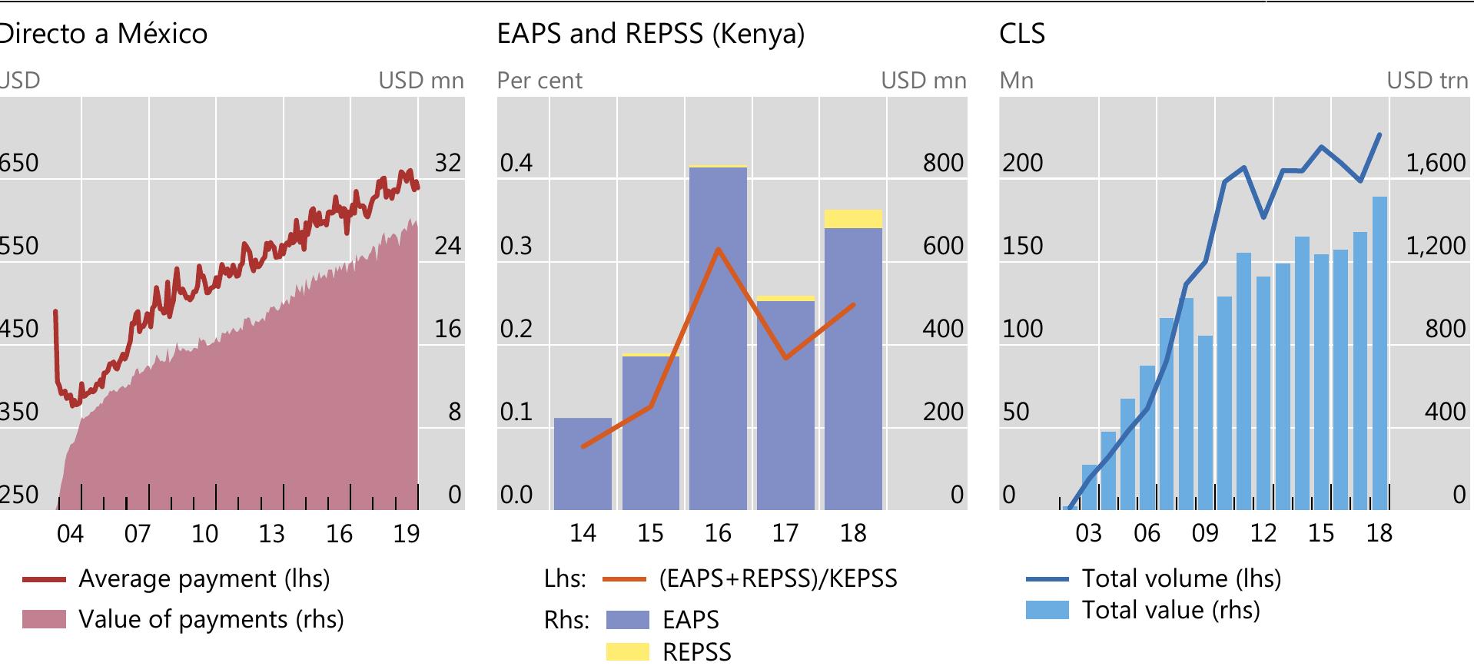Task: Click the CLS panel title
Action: (x=1021, y=34)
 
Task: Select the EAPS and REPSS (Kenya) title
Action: (x=650, y=34)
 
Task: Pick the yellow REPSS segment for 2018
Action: (x=853, y=219)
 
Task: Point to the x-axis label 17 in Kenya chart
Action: (x=785, y=533)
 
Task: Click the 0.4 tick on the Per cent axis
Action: (x=516, y=163)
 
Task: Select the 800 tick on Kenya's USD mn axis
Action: (x=943, y=163)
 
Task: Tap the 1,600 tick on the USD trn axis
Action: (x=1436, y=163)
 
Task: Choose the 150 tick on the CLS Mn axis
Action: (x=1022, y=246)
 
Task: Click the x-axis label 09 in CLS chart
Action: (x=1205, y=533)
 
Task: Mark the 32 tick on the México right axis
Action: (x=448, y=163)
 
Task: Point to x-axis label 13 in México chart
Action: (x=271, y=533)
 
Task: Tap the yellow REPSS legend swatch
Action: (x=627, y=651)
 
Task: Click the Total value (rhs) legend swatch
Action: (x=1047, y=610)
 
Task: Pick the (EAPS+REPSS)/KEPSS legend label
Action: (x=778, y=578)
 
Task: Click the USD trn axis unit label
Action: (x=1426, y=81)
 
